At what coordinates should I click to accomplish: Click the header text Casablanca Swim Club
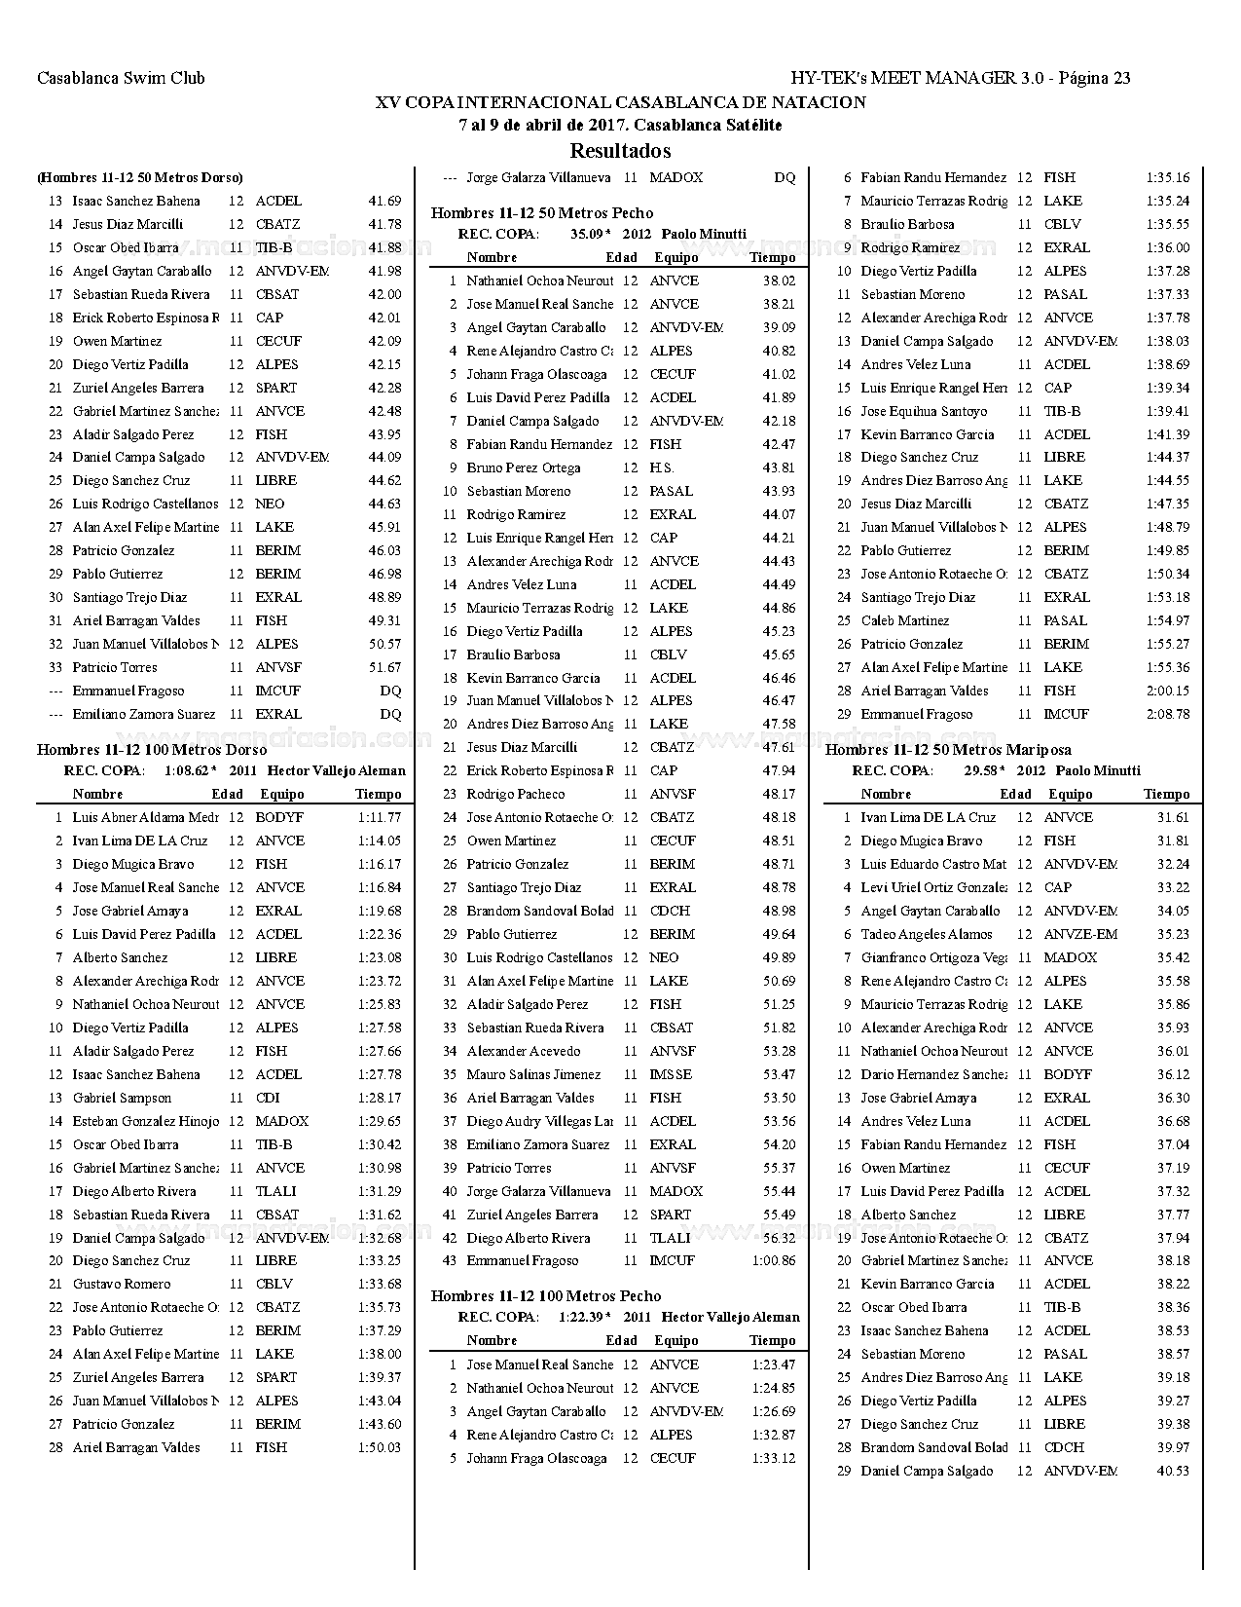pos(121,79)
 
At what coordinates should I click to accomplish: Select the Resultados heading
pos(620,151)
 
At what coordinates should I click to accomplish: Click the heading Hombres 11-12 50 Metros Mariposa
pos(948,749)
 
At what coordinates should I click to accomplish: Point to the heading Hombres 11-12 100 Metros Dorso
pos(152,749)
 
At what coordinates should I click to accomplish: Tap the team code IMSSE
pos(671,1074)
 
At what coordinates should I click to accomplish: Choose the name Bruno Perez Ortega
pos(523,467)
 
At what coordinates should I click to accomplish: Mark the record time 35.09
pos(587,234)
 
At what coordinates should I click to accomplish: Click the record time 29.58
pos(981,770)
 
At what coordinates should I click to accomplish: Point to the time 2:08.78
pos(1167,714)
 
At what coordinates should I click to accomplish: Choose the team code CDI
pos(268,1098)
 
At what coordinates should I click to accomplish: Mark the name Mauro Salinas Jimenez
pos(532,1074)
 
